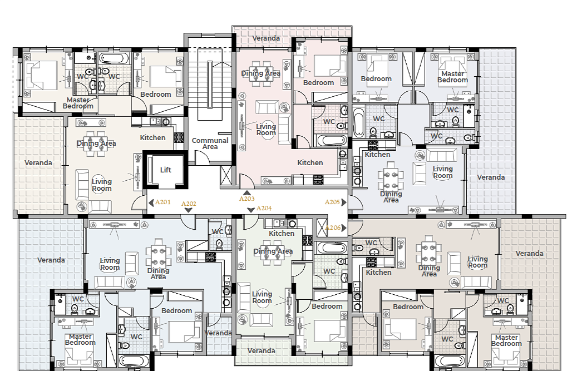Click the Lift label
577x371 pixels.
tap(166, 170)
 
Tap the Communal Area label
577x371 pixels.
tap(210, 144)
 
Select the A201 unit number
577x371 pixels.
tap(162, 202)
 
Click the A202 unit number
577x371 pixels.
tap(189, 204)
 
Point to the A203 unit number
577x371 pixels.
tap(247, 199)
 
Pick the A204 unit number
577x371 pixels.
tap(264, 208)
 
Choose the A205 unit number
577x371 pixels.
tap(332, 202)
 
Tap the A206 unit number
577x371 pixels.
tap(333, 227)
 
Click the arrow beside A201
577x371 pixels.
tap(151, 202)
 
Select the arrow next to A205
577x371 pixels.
tap(344, 202)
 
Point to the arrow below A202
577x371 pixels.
tap(189, 210)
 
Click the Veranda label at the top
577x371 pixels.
tap(266, 38)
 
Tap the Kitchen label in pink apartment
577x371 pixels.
tap(310, 162)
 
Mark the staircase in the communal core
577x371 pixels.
tap(210, 84)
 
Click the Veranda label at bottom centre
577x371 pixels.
tap(262, 351)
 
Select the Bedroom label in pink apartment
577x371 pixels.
tap(319, 83)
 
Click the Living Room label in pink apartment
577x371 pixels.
tap(265, 130)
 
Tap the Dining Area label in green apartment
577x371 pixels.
tap(273, 251)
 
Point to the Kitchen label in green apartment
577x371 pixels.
tap(282, 234)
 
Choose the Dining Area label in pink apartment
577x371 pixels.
tap(260, 73)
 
